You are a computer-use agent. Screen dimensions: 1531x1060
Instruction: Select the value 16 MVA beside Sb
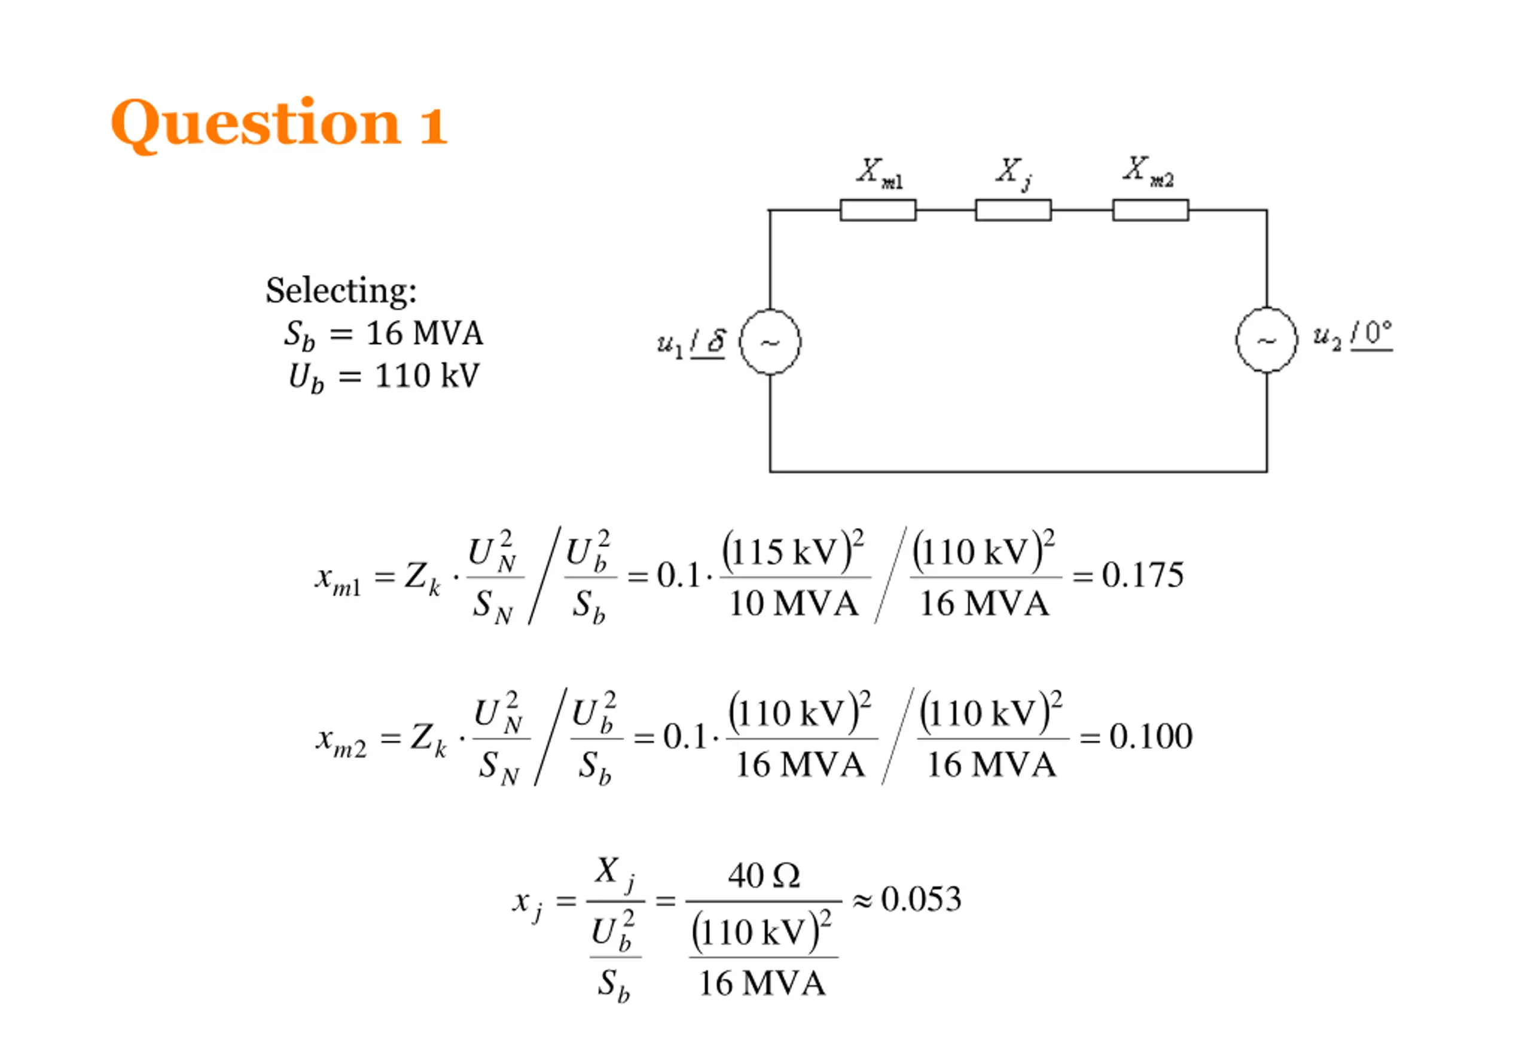[424, 333]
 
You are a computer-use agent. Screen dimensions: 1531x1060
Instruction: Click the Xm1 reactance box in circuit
[878, 210]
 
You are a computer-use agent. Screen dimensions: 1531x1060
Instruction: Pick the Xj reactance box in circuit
[1013, 210]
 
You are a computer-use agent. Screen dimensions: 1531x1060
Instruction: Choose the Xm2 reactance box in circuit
[1151, 210]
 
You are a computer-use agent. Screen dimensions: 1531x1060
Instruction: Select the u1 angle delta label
[691, 343]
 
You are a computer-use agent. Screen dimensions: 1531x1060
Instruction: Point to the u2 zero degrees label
[1352, 336]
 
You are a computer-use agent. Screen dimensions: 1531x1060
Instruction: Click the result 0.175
[1143, 574]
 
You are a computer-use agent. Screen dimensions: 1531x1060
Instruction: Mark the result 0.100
[1151, 736]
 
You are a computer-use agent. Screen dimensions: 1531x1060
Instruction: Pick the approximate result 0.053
[921, 899]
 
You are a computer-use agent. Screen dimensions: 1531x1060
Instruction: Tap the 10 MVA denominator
[794, 604]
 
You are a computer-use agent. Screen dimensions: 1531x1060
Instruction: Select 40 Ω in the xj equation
[764, 875]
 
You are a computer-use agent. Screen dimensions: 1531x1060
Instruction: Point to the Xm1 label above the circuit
[879, 173]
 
